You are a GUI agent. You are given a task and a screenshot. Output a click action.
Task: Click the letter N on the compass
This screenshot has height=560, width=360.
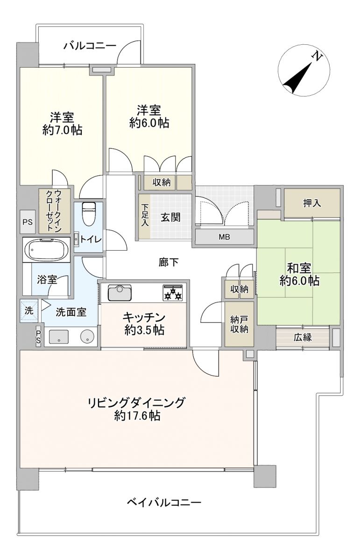317,56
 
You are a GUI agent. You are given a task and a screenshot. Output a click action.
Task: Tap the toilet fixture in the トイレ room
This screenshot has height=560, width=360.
89,214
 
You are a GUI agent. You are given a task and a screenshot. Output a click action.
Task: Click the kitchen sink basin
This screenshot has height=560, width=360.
120,293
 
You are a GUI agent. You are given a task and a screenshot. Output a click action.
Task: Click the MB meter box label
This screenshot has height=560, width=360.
224,237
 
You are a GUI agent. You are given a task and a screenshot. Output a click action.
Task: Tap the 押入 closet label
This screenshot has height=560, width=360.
312,203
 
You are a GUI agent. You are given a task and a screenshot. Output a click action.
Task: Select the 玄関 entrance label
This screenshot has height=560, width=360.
170,217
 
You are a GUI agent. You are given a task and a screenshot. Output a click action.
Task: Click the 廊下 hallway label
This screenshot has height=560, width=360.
169,262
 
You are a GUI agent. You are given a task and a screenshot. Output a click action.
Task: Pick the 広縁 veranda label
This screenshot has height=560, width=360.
303,337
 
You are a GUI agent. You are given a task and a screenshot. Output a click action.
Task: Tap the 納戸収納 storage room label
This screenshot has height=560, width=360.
239,324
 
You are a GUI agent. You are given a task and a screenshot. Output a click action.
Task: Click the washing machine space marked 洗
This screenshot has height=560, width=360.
29,310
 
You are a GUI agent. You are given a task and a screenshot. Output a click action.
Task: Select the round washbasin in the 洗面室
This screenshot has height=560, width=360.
88,337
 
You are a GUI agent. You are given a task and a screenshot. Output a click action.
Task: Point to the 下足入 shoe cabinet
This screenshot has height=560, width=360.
145,216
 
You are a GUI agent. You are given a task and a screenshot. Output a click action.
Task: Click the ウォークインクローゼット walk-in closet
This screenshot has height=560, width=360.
55,211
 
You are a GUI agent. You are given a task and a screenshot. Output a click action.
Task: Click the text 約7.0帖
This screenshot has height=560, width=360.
62,130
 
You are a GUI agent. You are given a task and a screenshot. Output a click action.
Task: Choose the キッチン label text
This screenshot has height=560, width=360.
144,317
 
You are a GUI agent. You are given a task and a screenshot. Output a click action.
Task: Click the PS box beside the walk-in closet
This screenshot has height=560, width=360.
28,222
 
